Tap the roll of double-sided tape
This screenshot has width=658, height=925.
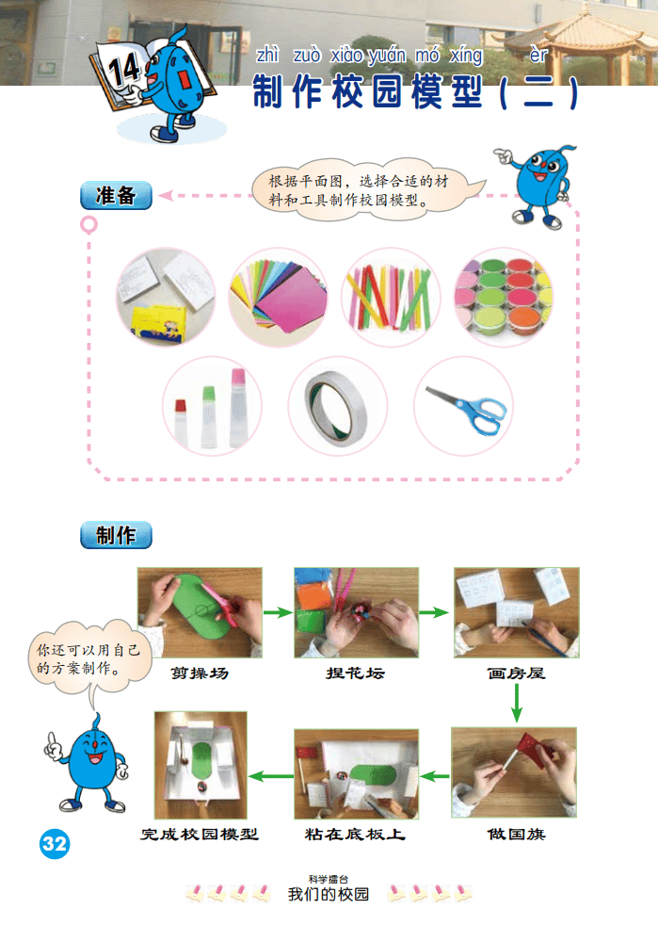point(336,408)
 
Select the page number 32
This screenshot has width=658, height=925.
point(55,844)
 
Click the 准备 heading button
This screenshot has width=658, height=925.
point(116,195)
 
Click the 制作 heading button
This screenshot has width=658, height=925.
point(116,535)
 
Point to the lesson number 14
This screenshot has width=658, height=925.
point(124,70)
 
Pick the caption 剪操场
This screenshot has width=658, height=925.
point(200,673)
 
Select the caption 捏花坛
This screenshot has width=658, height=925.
point(356,673)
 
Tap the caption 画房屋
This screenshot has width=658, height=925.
point(516,673)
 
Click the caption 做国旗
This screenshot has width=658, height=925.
point(516,835)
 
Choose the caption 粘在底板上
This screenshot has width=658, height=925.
point(355,835)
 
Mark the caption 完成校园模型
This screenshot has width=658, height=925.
point(200,835)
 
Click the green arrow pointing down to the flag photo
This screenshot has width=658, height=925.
point(517,703)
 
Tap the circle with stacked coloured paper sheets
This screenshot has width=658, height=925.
point(278,297)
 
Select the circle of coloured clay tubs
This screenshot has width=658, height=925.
point(504,297)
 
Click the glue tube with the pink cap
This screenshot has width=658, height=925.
point(237,406)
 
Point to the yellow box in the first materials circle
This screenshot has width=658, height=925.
point(159,322)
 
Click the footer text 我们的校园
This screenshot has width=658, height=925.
point(329,894)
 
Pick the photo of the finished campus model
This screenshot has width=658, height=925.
point(201,765)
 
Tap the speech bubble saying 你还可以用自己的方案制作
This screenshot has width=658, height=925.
point(88,659)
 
